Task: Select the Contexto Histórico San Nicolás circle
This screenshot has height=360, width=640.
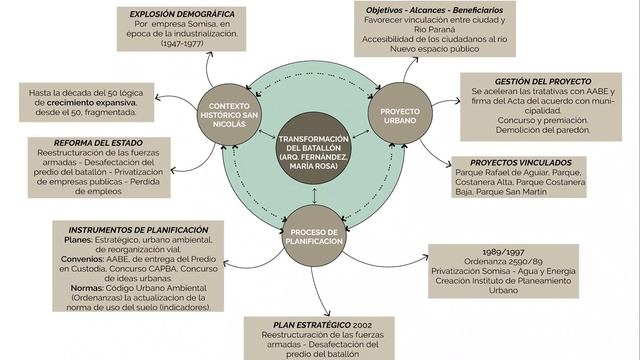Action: click(229, 115)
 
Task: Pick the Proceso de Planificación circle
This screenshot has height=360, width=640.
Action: click(314, 236)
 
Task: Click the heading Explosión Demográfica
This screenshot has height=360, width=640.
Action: click(182, 14)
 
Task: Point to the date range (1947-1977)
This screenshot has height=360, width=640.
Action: click(182, 43)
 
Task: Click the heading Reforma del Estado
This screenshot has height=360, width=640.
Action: click(98, 143)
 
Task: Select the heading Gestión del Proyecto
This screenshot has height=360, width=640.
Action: click(543, 81)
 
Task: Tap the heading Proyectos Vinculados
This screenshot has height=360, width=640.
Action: click(521, 162)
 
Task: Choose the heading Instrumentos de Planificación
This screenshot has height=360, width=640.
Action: click(138, 230)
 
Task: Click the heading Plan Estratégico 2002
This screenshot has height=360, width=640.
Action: click(322, 325)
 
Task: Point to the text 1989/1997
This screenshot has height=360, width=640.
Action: click(503, 252)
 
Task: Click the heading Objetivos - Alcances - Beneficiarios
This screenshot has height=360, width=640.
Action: click(435, 10)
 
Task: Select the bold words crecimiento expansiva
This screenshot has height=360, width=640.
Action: click(91, 102)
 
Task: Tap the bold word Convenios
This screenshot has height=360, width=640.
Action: click(82, 259)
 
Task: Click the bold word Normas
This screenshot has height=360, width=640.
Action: click(87, 288)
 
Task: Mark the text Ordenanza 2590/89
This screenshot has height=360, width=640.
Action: click(503, 261)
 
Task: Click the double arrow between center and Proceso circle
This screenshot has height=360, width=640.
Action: click(314, 196)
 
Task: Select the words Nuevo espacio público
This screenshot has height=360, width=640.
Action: click(435, 49)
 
